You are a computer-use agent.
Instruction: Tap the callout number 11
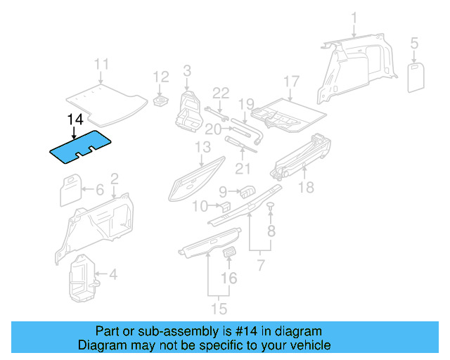point(102,65)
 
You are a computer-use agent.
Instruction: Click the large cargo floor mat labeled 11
point(106,97)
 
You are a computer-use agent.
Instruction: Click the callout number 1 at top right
point(354,18)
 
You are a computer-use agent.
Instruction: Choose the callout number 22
point(221,93)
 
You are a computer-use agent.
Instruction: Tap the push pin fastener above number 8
point(271,205)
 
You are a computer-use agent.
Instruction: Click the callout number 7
point(261,266)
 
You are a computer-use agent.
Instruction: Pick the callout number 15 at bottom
point(219,309)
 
